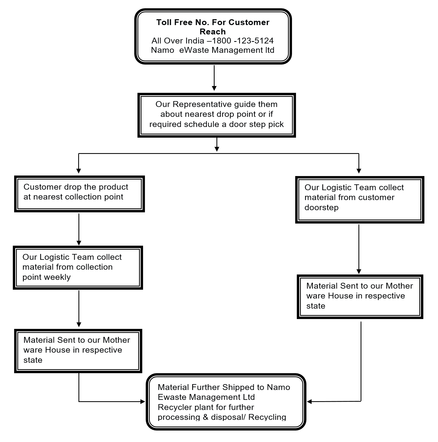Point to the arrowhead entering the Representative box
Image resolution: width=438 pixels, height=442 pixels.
214,88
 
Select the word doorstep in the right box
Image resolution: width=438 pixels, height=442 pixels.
321,208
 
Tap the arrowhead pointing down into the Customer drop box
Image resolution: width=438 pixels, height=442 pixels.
78,171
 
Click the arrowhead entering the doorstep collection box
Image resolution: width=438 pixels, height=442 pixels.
359,171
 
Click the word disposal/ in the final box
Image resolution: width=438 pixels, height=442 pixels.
228,417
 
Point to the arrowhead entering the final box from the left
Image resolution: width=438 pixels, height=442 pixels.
143,401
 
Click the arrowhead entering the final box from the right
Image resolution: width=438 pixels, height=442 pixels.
309,401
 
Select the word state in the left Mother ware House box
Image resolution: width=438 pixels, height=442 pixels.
33,360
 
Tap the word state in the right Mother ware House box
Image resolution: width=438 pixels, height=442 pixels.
316,306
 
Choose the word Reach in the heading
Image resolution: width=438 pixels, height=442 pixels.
213,32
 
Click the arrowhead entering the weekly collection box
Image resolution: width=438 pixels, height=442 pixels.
79,243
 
